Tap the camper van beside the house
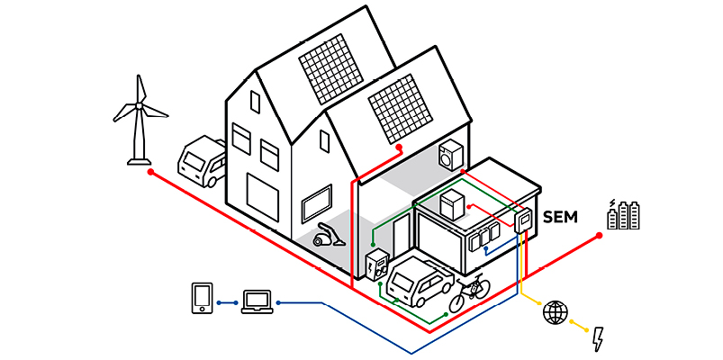tap(203, 162)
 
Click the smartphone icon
tap(202, 299)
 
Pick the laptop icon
tap(257, 301)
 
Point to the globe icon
tap(556, 312)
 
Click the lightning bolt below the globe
tap(599, 338)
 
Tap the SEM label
tap(560, 217)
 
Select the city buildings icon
tap(627, 214)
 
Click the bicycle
tap(470, 292)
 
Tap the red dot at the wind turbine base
tap(150, 171)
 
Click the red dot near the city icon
tap(599, 236)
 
